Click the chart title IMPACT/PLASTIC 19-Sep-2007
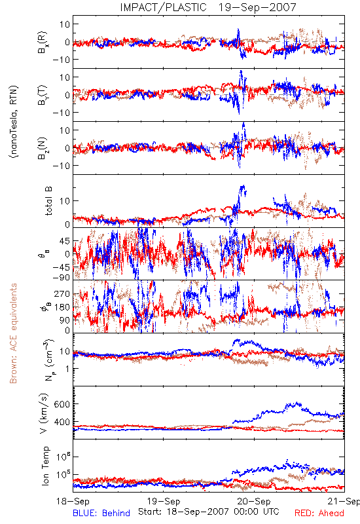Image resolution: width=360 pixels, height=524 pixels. tap(208, 7)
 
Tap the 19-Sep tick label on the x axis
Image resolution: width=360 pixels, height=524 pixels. tap(164, 501)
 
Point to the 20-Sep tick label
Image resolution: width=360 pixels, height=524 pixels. tap(254, 501)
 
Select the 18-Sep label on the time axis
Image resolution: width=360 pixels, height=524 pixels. tap(73, 501)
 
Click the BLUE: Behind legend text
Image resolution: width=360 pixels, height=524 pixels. tap(101, 513)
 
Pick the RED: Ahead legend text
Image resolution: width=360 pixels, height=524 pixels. tap(319, 513)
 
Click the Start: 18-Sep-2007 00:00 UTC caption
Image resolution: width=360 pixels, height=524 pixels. tap(209, 512)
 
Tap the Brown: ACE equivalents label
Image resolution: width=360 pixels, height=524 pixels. tap(13, 333)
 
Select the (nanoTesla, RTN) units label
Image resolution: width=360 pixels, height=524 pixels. tap(14, 122)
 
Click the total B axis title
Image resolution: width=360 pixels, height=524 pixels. tap(48, 201)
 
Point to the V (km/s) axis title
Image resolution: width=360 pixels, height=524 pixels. tap(44, 413)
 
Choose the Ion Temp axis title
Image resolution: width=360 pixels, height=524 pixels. tap(45, 466)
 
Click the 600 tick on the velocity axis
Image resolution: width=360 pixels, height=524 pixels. tap(62, 404)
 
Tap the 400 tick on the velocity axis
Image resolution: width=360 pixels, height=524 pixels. tap(62, 422)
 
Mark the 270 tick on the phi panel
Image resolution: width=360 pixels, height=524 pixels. tap(62, 293)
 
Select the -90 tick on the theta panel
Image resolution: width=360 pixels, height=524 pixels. tap(61, 277)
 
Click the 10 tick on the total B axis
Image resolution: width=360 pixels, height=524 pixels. tap(65, 201)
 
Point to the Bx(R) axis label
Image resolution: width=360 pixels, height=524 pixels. tap(43, 42)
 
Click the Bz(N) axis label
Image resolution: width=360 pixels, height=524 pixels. tap(43, 148)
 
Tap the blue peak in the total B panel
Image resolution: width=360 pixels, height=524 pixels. tap(243, 186)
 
